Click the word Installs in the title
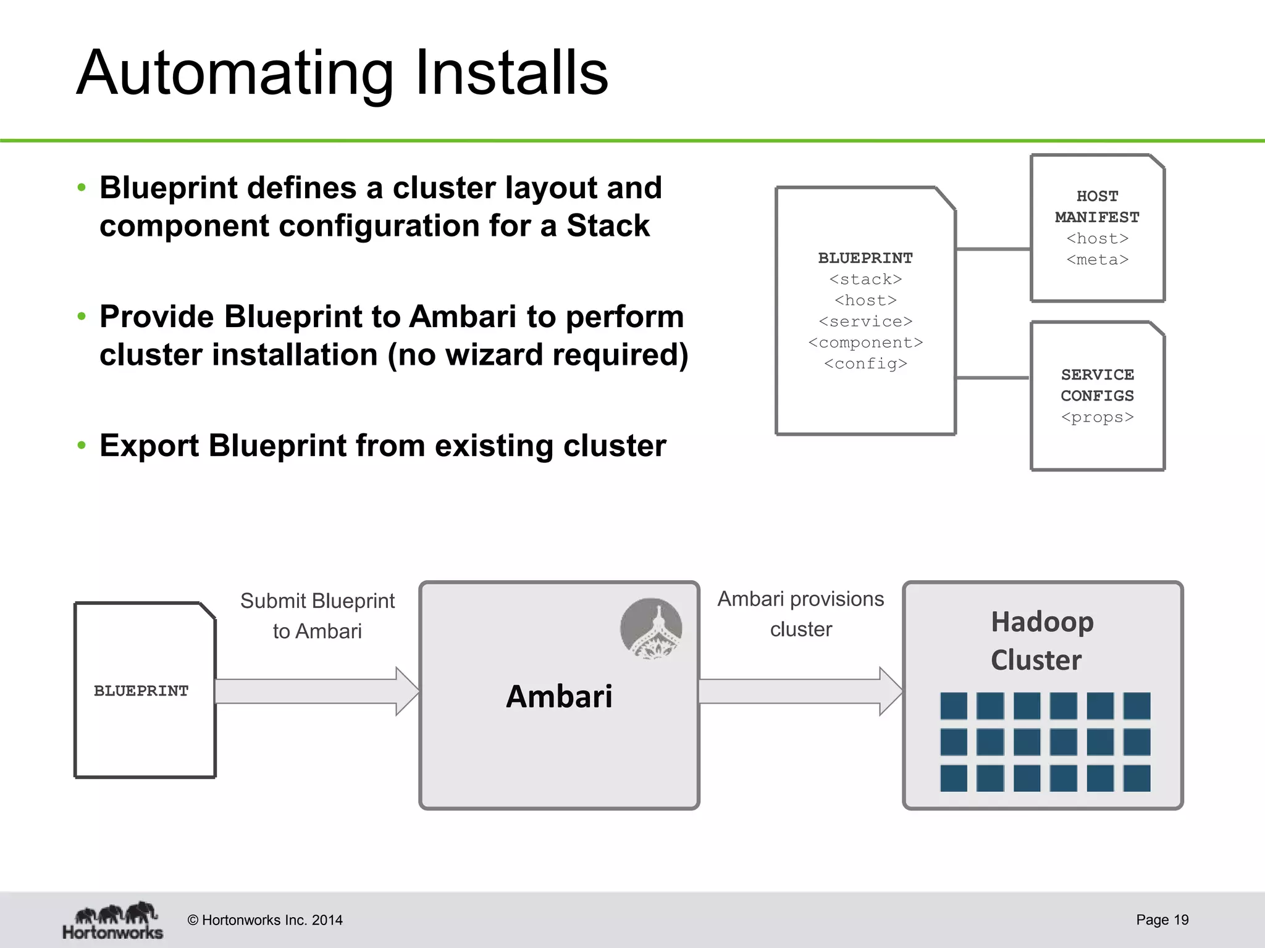(511, 73)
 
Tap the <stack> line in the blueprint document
(865, 280)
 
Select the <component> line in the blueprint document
(865, 343)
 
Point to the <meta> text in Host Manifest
(1097, 260)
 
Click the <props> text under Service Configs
(1097, 417)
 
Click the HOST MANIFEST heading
(1097, 207)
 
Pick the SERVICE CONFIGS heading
(1097, 385)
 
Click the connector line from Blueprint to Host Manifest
(993, 249)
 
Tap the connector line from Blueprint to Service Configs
(993, 378)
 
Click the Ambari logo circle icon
(651, 628)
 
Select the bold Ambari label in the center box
(559, 696)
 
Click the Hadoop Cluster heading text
(1041, 641)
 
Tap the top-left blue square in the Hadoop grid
(953, 705)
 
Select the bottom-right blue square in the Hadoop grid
(1137, 778)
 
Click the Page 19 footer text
(1162, 920)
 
